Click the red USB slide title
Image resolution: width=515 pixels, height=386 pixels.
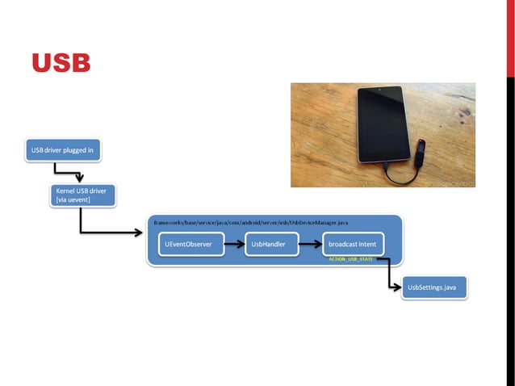[x=61, y=63]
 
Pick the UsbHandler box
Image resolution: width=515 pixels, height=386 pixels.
[x=271, y=243]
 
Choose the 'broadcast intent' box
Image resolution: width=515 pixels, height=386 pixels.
[x=352, y=243]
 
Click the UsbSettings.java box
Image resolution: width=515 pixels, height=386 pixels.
[x=434, y=287]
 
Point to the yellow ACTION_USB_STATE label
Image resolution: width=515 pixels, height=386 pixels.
[x=350, y=259]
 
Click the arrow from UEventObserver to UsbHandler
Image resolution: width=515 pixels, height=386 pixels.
[x=234, y=243]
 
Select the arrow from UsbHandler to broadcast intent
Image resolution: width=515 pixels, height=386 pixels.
[x=311, y=243]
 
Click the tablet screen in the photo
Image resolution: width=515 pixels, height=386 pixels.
[x=379, y=125]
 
